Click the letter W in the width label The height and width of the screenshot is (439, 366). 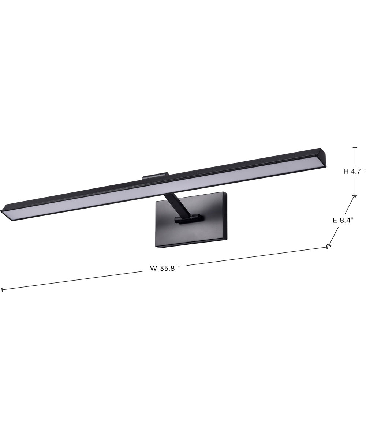[153, 268]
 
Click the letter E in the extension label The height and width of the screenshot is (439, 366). [335, 220]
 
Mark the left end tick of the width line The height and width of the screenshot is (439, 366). [2, 290]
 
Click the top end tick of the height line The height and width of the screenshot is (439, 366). [354, 147]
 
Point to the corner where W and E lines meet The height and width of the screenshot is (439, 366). [328, 247]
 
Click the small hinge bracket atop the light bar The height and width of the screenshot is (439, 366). [155, 176]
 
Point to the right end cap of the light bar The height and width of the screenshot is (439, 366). [323, 157]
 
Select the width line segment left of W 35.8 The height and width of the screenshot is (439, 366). [73, 281]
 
